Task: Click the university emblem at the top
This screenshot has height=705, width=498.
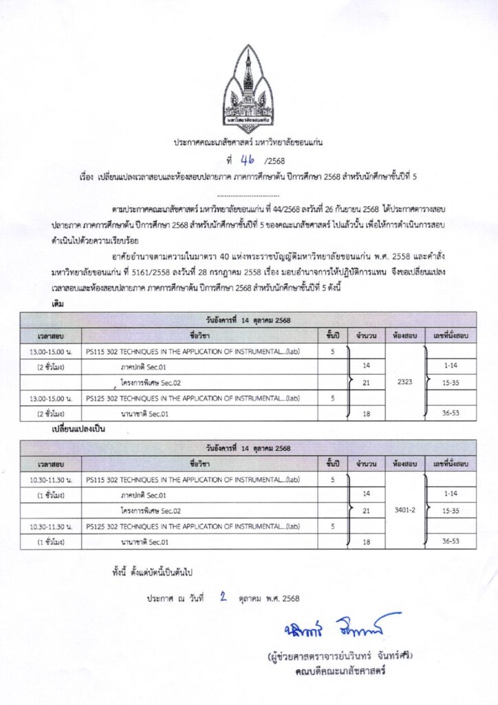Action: click(x=248, y=89)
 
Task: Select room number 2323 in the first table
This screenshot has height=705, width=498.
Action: click(x=405, y=381)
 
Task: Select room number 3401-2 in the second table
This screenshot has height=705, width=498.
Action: click(x=405, y=510)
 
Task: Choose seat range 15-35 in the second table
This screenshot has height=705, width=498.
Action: click(x=451, y=510)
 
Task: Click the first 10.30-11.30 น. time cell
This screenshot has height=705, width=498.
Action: click(x=50, y=479)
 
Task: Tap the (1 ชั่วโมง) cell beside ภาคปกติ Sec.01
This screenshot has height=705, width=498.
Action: click(x=50, y=494)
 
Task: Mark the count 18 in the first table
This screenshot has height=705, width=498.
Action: click(x=366, y=412)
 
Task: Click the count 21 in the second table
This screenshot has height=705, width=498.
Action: click(x=366, y=510)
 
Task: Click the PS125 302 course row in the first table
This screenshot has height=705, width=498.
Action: click(x=193, y=397)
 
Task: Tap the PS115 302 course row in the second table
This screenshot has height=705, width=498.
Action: click(x=193, y=479)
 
